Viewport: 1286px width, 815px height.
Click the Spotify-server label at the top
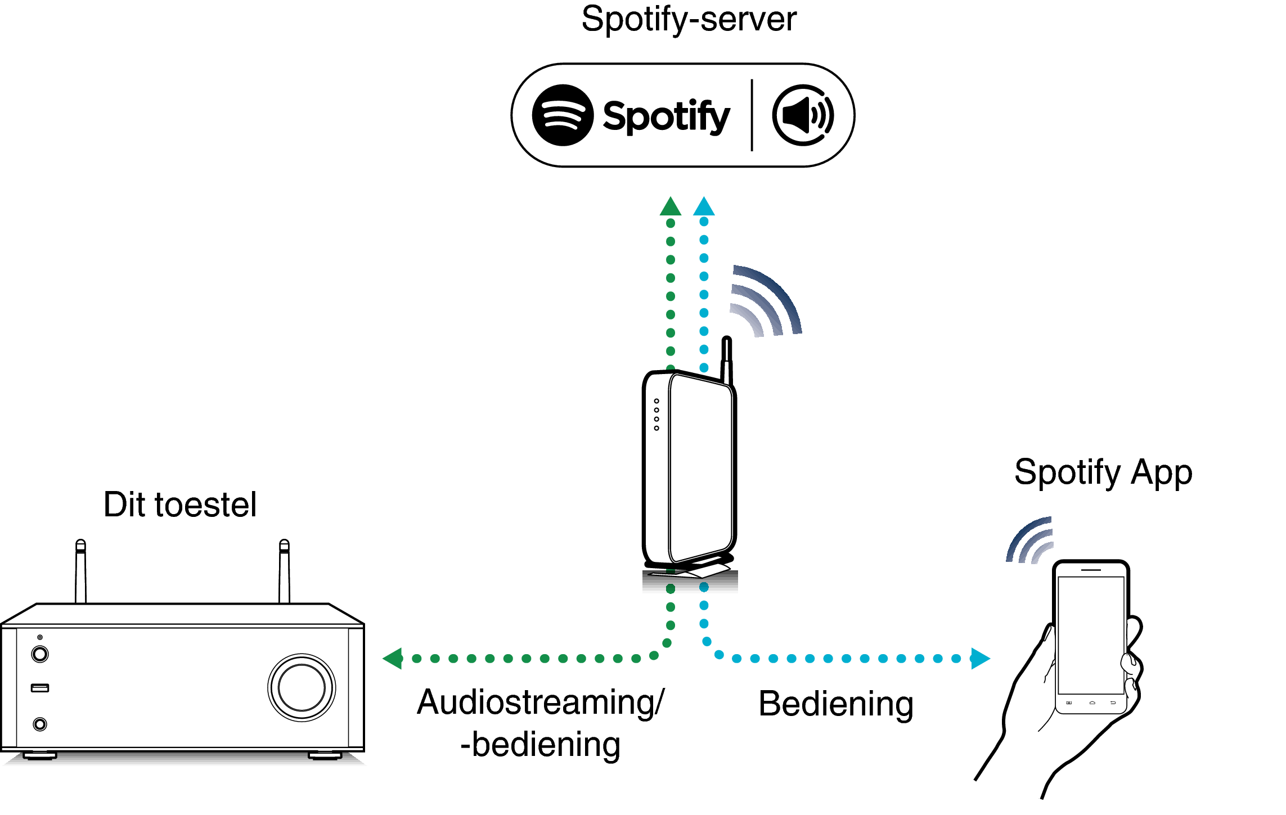pos(689,20)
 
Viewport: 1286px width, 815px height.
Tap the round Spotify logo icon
pos(563,115)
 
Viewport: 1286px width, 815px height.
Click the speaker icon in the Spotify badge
pos(803,115)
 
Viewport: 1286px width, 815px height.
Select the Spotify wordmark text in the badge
pos(666,117)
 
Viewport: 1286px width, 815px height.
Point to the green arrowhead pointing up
pos(670,207)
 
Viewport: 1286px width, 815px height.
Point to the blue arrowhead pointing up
pos(704,207)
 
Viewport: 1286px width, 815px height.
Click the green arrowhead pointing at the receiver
pos(393,658)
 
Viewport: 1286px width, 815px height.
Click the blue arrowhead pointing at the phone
pos(979,658)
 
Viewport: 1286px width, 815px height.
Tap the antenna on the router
pos(727,360)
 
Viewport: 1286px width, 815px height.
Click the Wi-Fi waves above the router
pos(766,301)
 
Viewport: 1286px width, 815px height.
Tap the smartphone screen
pos(1091,636)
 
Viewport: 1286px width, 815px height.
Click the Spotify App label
pos(1103,472)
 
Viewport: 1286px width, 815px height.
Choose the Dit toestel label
pos(180,505)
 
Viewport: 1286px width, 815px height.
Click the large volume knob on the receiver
pos(302,687)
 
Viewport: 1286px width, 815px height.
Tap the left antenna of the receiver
pos(81,571)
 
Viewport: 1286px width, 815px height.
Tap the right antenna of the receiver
pos(284,571)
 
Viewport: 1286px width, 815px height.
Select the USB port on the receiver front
pos(40,688)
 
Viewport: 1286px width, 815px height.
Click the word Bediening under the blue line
pos(835,704)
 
